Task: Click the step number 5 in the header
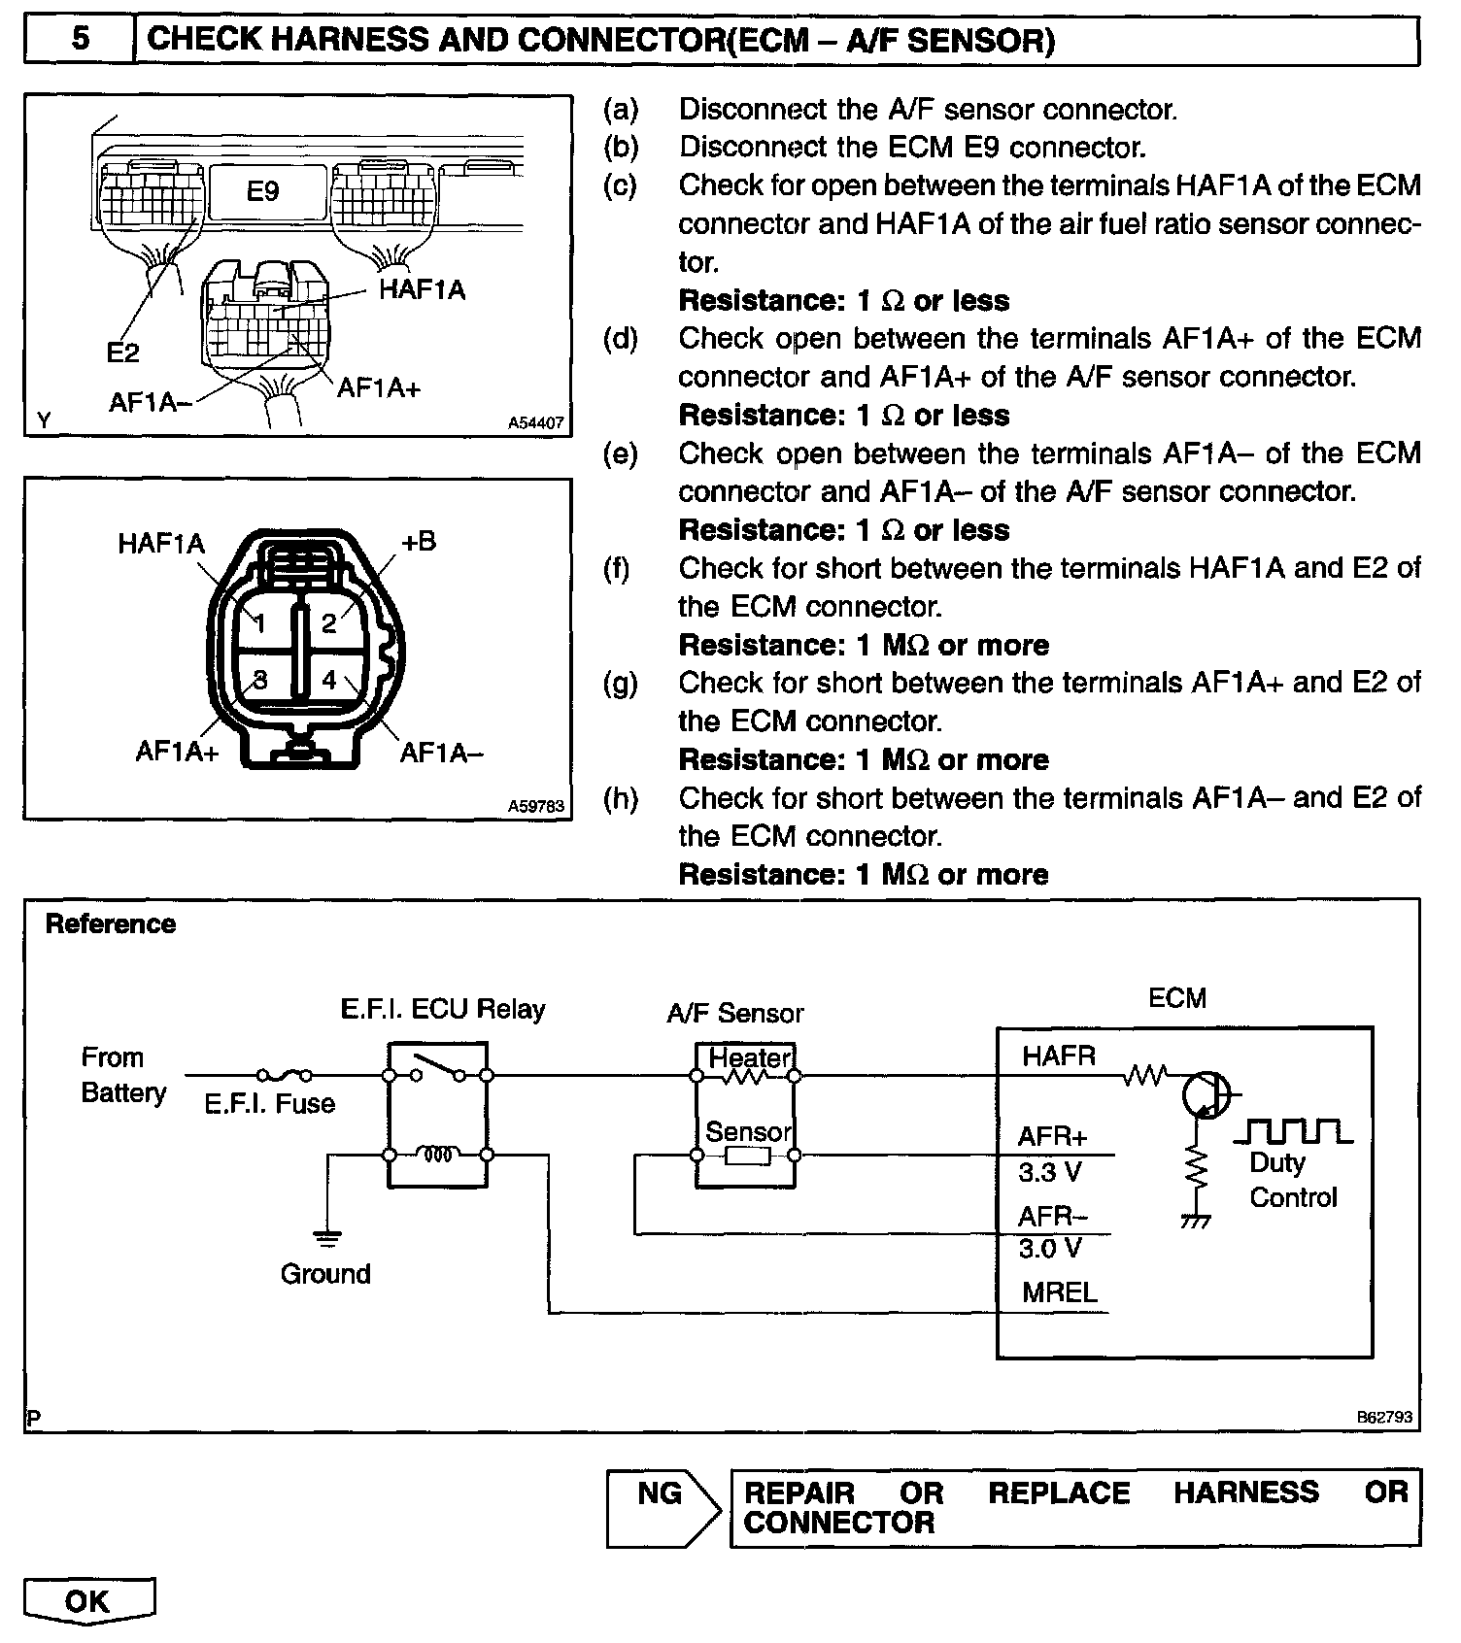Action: pyautogui.click(x=80, y=39)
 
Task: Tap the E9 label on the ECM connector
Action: pyautogui.click(x=262, y=191)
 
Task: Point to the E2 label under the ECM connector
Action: pyautogui.click(x=122, y=352)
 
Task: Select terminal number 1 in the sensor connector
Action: pyautogui.click(x=260, y=623)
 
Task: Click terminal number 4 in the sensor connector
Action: pyautogui.click(x=329, y=681)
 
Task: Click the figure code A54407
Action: pyautogui.click(x=535, y=423)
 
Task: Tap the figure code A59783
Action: pyautogui.click(x=535, y=806)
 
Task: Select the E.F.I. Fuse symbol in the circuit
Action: pyautogui.click(x=285, y=1075)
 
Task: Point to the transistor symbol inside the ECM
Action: pyautogui.click(x=1206, y=1095)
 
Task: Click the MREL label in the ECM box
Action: pyautogui.click(x=1059, y=1292)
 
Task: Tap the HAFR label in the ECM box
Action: pyautogui.click(x=1059, y=1056)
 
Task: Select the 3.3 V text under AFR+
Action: pyautogui.click(x=1049, y=1173)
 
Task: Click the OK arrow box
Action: pyautogui.click(x=88, y=1600)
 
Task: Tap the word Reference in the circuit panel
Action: pyautogui.click(x=111, y=923)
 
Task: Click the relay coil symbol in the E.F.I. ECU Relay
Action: pyautogui.click(x=437, y=1155)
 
